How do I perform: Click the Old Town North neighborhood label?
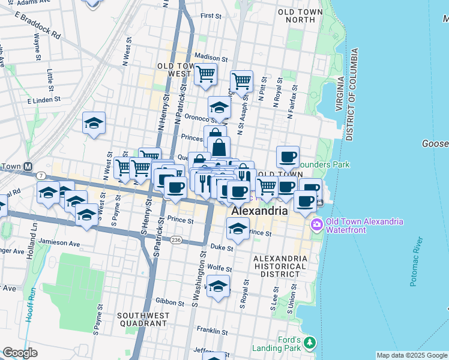(x=296, y=15)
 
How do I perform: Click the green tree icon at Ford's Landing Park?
(x=309, y=343)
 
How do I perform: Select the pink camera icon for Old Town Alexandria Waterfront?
(x=316, y=226)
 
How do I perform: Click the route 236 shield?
(x=176, y=239)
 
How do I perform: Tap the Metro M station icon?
(x=28, y=166)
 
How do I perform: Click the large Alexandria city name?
(x=259, y=212)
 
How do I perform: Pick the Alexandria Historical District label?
(x=280, y=265)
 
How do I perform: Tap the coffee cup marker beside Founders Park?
(x=288, y=157)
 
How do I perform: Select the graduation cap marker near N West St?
(x=94, y=123)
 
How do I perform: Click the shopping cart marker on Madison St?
(x=206, y=74)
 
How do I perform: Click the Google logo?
(x=20, y=353)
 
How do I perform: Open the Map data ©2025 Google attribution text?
(x=411, y=355)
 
